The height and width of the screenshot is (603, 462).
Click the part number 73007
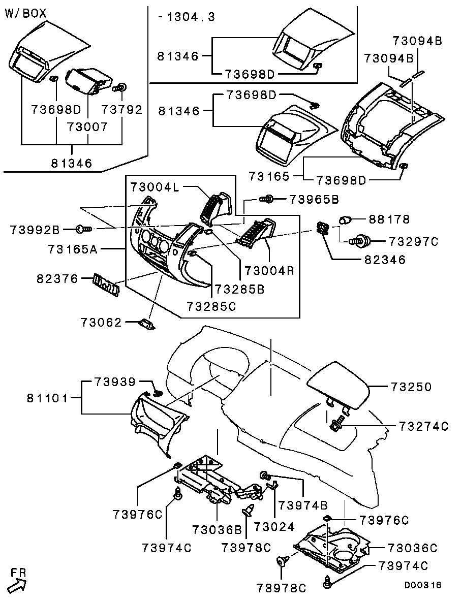click(x=88, y=126)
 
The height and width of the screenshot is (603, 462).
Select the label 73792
click(x=121, y=109)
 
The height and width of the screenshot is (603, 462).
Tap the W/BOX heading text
click(x=25, y=14)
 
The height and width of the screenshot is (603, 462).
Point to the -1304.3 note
click(x=186, y=17)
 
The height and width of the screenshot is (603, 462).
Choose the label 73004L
click(x=155, y=187)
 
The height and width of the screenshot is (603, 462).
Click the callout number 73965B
click(x=314, y=199)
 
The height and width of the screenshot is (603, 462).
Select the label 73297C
click(x=413, y=241)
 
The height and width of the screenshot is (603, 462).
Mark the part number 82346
click(x=384, y=260)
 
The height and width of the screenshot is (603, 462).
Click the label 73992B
click(x=35, y=230)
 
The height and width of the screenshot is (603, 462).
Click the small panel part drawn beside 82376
click(x=107, y=284)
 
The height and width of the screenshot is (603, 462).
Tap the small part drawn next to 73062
click(x=147, y=323)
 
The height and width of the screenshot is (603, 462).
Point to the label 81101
click(x=48, y=398)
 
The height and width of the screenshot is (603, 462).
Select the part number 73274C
click(x=423, y=426)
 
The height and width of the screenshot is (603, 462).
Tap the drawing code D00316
click(x=423, y=585)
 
